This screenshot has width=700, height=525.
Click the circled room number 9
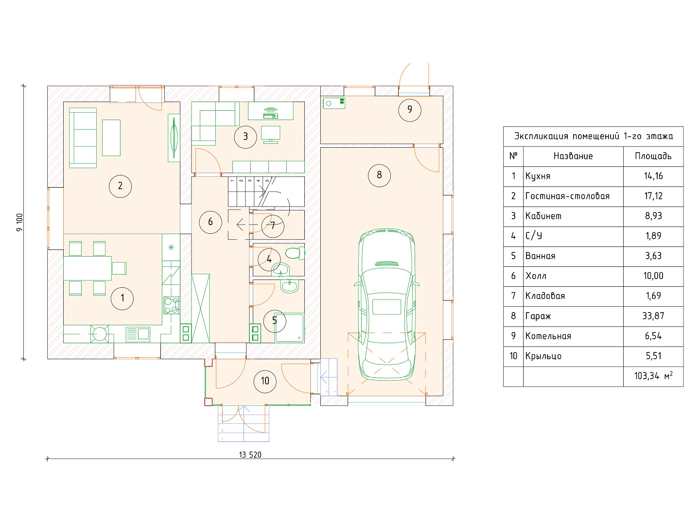(409, 110)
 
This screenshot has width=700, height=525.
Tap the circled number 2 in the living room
(120, 186)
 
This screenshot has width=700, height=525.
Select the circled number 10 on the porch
(265, 381)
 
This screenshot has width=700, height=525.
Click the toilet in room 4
(295, 253)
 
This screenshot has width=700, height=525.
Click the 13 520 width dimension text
(250, 455)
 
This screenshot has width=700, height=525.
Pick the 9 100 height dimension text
(20, 223)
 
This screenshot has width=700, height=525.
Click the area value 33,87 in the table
(653, 316)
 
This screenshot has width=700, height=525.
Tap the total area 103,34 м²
(653, 376)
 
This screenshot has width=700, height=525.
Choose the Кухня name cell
(538, 176)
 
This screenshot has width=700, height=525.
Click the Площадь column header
(653, 156)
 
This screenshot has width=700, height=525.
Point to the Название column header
(573, 156)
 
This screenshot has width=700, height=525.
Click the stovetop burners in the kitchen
(171, 305)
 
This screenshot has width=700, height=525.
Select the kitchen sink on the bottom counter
(138, 334)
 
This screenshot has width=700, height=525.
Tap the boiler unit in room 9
(334, 103)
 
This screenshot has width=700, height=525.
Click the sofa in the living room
(83, 138)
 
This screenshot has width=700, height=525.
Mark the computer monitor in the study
(271, 134)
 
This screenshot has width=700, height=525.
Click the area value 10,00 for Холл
(653, 276)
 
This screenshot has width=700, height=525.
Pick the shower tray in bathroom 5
(289, 328)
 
